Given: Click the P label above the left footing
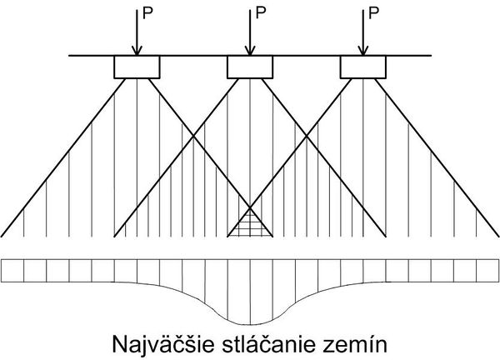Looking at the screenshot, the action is (147, 13).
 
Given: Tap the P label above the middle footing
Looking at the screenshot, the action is (261, 13).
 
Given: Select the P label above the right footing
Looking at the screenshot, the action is (373, 13).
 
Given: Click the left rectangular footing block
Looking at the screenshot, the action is (137, 67).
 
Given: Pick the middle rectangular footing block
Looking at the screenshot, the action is (250, 67).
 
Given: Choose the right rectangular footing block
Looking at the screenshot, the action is (363, 67).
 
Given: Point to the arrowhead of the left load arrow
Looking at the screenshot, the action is (137, 51).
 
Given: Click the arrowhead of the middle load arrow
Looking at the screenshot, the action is (250, 51).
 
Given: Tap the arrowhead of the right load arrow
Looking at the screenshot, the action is (362, 51).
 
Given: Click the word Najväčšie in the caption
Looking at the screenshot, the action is (163, 344).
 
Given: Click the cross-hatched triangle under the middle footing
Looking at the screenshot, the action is (250, 227).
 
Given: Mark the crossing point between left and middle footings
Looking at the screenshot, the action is (193, 137).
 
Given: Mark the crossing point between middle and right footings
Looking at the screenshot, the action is (307, 137).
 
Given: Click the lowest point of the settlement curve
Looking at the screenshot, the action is (250, 325).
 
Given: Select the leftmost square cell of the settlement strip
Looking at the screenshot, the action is (12, 271).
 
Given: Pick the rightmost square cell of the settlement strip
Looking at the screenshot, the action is (487, 271).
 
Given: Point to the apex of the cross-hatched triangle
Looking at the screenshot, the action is (250, 208).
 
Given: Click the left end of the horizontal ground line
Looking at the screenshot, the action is (69, 56).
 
